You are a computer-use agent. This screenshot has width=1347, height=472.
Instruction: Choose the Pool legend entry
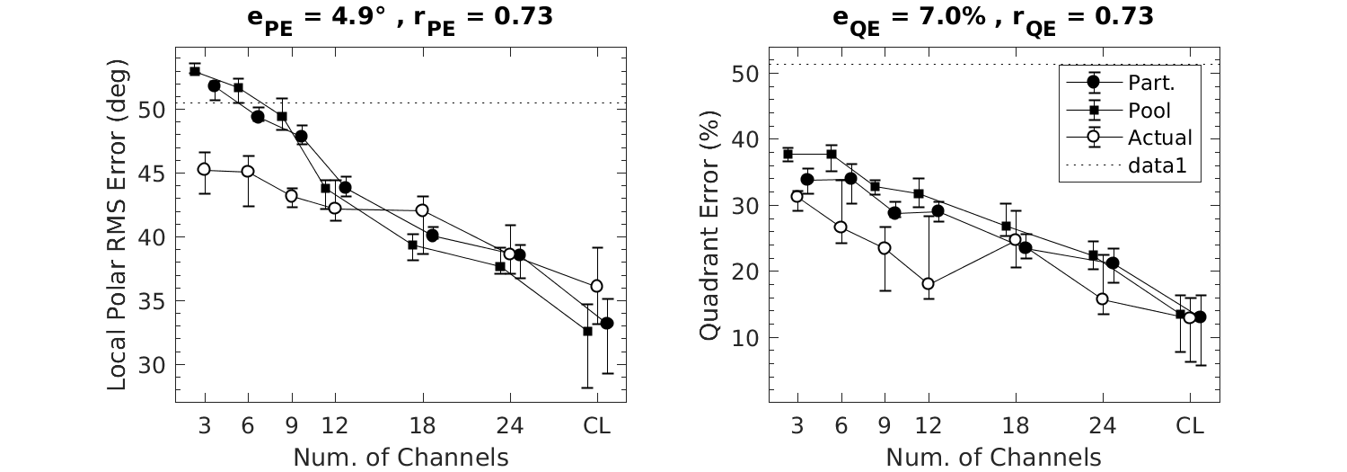tap(1149, 111)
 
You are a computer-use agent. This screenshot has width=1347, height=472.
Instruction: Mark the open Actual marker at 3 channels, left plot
tap(204, 169)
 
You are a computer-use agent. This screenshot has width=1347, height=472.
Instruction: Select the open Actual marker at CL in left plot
tap(596, 286)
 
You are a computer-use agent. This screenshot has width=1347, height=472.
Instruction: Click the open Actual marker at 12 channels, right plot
tap(928, 284)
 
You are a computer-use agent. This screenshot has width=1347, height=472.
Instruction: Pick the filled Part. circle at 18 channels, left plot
tap(432, 236)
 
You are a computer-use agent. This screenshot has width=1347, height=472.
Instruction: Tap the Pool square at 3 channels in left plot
tap(195, 71)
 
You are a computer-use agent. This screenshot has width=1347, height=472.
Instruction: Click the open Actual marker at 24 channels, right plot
tap(1102, 298)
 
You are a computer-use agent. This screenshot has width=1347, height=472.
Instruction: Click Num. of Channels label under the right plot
tap(993, 457)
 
